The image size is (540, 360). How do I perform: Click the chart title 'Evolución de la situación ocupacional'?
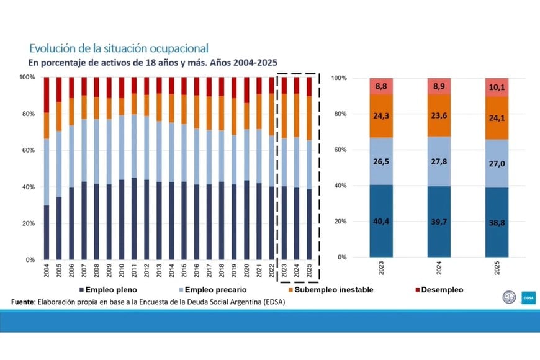tap(119, 48)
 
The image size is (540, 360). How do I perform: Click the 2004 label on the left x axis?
tap(47, 271)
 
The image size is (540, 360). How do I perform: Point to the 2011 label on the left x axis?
tap(134, 271)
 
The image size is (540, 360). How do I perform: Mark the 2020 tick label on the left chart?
tap(246, 271)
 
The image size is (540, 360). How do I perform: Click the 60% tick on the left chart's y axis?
tap(28, 150)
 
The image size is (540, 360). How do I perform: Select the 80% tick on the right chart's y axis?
tap(339, 114)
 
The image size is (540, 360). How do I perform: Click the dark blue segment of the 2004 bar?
tap(47, 232)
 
